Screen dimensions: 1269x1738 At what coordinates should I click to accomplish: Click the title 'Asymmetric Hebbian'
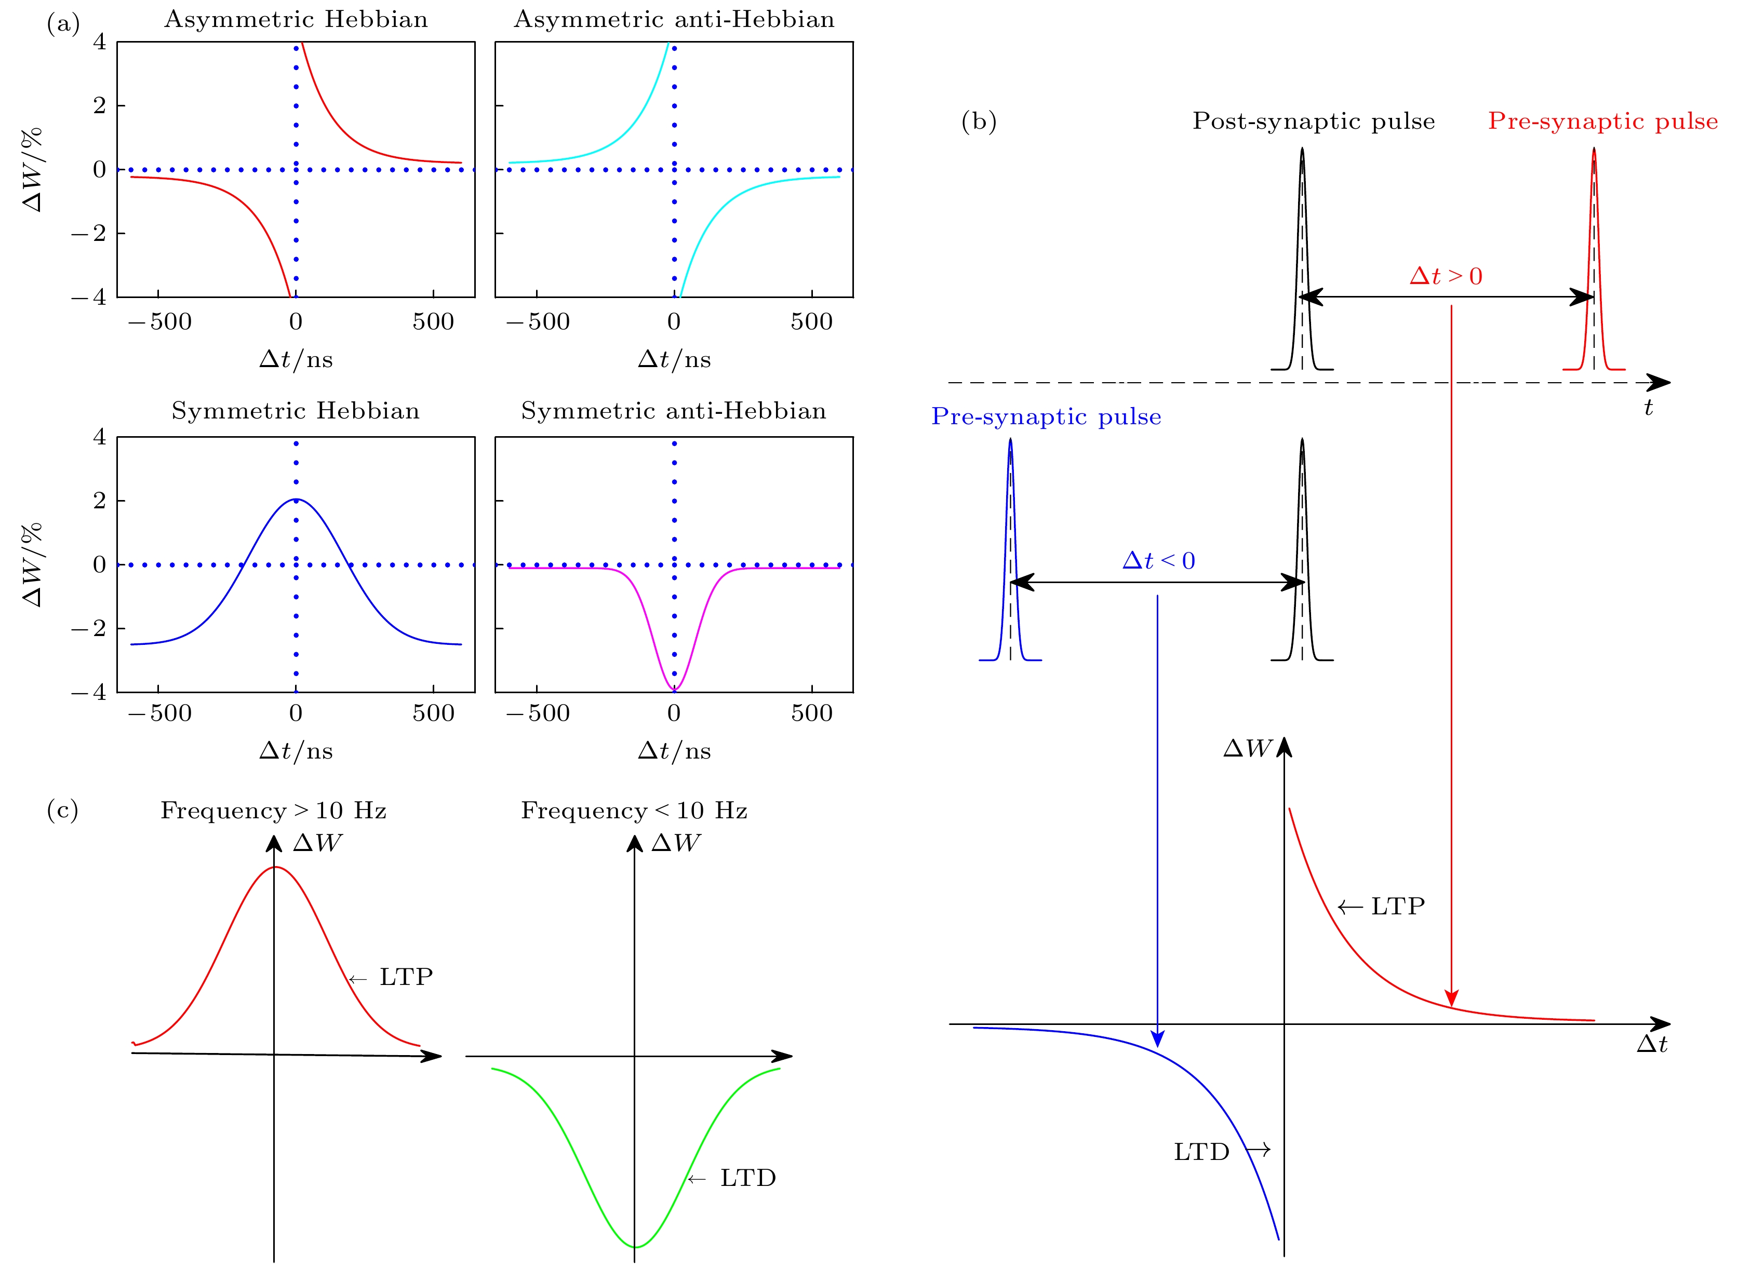pos(296,19)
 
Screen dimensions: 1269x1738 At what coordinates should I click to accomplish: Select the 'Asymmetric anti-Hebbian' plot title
pos(674,19)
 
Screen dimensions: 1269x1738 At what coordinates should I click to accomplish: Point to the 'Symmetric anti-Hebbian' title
pos(674,411)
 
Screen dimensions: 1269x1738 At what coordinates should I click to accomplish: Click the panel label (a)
pos(63,24)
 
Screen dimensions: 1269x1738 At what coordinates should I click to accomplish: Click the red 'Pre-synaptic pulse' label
pos(1603,122)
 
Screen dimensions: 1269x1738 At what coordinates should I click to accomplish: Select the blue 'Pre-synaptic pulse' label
pos(1046,416)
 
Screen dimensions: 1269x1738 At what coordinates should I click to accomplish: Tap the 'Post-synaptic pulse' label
pos(1313,122)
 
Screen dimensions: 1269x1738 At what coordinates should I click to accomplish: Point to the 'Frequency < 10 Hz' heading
pos(634,811)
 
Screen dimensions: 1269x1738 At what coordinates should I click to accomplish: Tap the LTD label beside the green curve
pos(747,1178)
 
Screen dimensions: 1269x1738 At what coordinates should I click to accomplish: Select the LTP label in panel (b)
pos(1398,907)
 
